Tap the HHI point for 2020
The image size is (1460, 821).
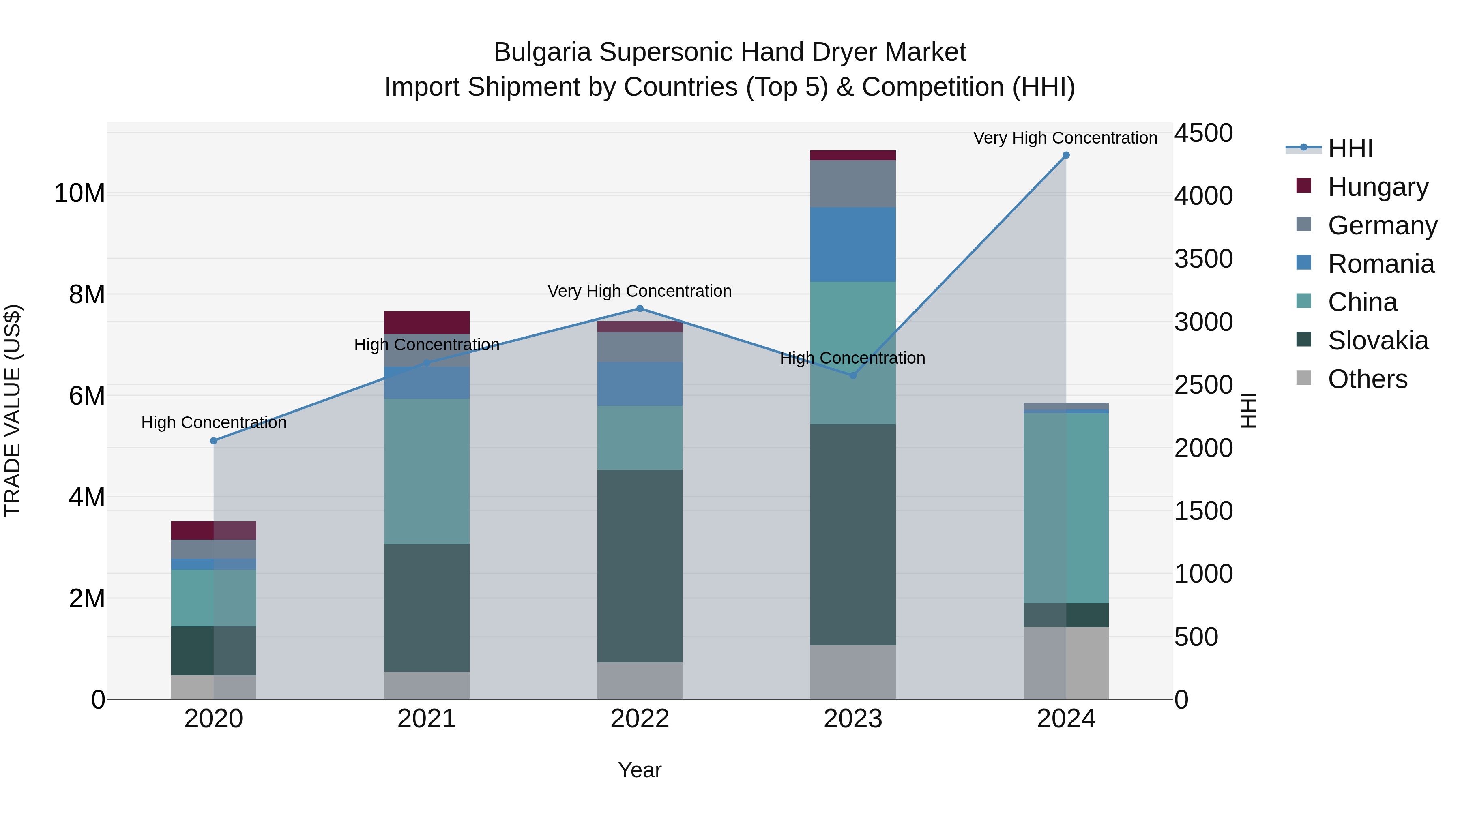coord(214,441)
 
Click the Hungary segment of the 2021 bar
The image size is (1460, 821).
coord(426,322)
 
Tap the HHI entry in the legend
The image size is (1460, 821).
coord(1350,148)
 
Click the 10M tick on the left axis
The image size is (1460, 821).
coord(79,193)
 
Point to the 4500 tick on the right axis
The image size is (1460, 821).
coord(1203,134)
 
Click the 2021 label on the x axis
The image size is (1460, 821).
coord(426,719)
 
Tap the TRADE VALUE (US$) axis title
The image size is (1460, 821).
coord(13,410)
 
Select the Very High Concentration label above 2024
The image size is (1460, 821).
coord(1065,138)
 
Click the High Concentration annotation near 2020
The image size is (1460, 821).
coord(214,423)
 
